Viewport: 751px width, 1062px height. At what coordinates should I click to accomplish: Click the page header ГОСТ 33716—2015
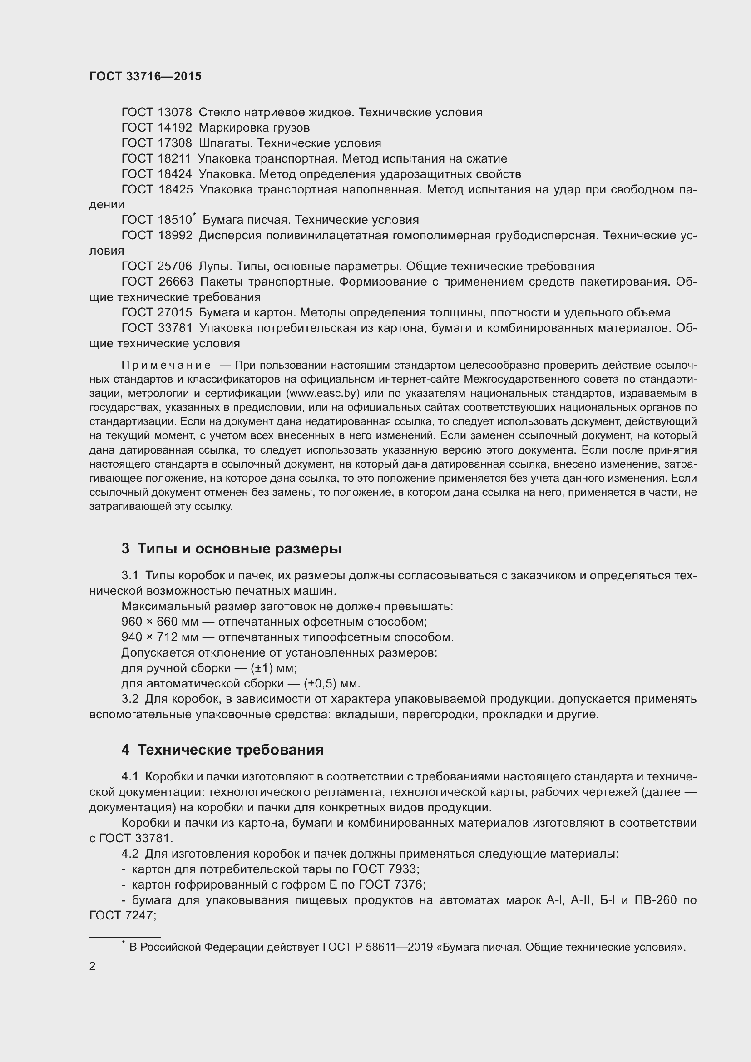click(145, 76)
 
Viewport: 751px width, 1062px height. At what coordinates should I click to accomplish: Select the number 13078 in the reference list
click(174, 113)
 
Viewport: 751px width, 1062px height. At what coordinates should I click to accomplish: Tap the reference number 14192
click(174, 128)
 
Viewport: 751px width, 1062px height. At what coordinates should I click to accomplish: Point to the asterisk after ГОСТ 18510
click(194, 215)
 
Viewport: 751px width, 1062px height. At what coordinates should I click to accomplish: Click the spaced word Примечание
click(166, 366)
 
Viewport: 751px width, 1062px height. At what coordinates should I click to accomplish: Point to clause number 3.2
click(130, 699)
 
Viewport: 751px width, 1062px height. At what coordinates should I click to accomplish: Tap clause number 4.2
click(130, 854)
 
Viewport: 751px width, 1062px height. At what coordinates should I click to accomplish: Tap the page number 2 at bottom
click(93, 966)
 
